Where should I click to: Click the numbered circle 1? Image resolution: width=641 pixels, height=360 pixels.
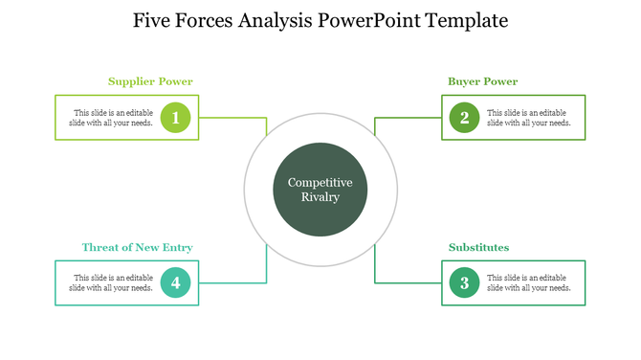[x=176, y=118]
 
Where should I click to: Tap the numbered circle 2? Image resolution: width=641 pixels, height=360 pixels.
[x=464, y=118]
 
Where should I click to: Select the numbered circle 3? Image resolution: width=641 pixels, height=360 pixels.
[x=464, y=282]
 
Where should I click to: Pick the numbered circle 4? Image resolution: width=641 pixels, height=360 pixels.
[x=176, y=282]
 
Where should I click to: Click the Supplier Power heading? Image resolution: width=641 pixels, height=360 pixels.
[x=150, y=81]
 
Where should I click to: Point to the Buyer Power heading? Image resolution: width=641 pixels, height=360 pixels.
[x=483, y=81]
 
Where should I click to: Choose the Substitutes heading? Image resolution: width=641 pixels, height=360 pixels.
[x=478, y=247]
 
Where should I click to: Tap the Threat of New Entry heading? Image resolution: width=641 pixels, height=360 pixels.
[x=137, y=247]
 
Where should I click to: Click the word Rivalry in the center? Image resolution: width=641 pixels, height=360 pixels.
[x=320, y=197]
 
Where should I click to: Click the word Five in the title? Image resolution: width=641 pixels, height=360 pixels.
[x=154, y=20]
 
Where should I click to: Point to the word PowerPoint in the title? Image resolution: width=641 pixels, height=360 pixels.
[x=366, y=20]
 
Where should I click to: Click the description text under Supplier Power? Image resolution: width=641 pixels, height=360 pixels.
[x=114, y=118]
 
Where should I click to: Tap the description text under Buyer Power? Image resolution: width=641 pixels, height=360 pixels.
[x=528, y=118]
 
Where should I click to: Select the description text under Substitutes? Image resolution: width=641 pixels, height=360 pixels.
[x=528, y=282]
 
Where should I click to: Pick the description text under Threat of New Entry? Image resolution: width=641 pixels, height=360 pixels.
[x=114, y=282]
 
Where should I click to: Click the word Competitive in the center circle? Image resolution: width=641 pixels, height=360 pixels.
[x=320, y=182]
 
